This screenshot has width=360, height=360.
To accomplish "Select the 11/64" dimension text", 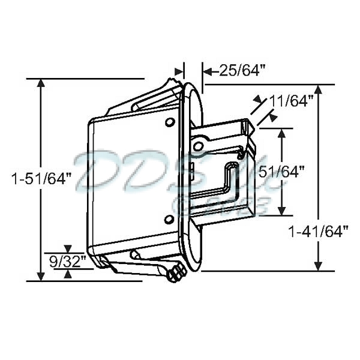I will tap(292, 101).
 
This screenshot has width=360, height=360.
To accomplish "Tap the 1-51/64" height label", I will tap(41, 179).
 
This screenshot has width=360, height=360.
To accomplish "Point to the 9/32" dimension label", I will tap(68, 261).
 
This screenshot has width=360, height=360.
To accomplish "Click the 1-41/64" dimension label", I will tap(319, 231).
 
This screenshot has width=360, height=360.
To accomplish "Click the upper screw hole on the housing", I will tap(170, 122).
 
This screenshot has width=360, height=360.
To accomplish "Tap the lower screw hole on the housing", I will tap(169, 219).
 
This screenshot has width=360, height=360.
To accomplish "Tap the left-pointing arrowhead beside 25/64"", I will tap(207, 71).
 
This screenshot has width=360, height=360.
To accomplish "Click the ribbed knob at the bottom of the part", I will tap(176, 274).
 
